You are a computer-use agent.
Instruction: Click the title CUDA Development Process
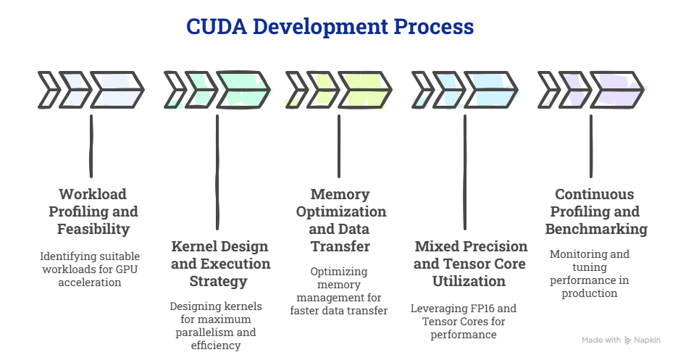[x=330, y=28]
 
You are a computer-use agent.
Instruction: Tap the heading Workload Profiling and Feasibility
[x=93, y=212]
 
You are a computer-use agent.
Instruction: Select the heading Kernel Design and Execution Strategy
[x=220, y=263]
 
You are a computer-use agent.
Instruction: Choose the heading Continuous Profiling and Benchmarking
[x=594, y=212]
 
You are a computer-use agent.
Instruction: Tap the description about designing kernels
[x=216, y=326]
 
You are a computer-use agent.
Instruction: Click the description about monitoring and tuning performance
[x=589, y=273]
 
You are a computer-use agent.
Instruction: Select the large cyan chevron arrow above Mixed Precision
[x=490, y=91]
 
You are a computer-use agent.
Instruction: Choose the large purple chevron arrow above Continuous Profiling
[x=617, y=91]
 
